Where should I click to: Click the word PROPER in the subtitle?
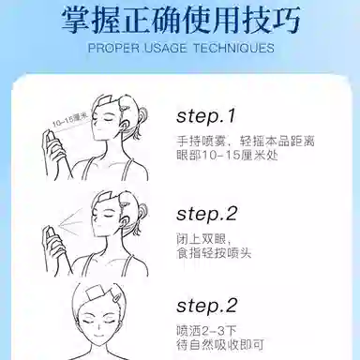point(113,48)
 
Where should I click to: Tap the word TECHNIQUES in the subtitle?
point(233,48)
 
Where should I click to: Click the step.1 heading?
point(205,116)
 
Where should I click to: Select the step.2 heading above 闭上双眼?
point(207,215)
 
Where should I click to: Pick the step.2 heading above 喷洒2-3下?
point(207,306)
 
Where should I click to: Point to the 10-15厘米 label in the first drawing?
point(70,121)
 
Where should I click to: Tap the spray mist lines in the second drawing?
point(71,220)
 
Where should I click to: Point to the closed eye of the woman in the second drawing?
point(107,217)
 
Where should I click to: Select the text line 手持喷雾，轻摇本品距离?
point(246,141)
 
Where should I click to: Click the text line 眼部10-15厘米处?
point(227,156)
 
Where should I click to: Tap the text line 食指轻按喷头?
point(214,252)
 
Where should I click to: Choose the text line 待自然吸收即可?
point(220,344)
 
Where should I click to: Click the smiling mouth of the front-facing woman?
point(99,337)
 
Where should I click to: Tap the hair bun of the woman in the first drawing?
point(142,114)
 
